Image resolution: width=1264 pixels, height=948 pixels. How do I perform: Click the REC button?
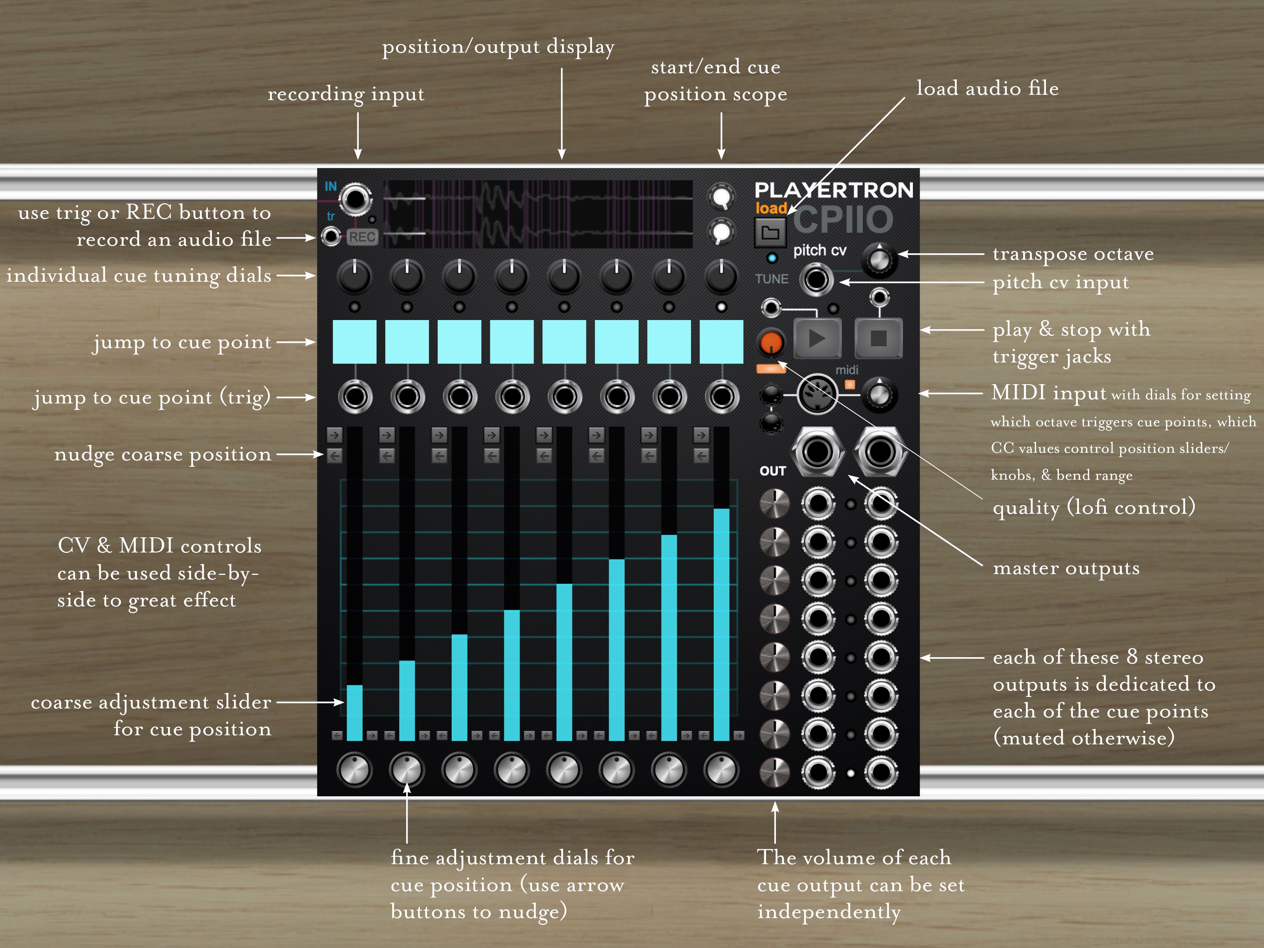(x=362, y=237)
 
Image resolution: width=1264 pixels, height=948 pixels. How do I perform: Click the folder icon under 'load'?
(x=770, y=232)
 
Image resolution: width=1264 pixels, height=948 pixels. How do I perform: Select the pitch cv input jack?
(x=816, y=280)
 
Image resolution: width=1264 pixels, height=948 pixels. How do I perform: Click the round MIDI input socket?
(x=817, y=395)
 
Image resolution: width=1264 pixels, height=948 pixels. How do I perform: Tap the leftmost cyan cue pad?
(x=354, y=342)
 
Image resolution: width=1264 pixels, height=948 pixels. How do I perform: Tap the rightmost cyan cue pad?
(x=721, y=342)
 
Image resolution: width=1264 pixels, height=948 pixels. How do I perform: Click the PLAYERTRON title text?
(x=834, y=190)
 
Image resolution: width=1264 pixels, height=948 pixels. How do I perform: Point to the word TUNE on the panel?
(x=771, y=279)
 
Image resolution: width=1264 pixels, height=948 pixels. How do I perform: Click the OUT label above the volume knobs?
(x=773, y=471)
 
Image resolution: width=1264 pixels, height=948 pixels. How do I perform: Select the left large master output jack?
(x=817, y=451)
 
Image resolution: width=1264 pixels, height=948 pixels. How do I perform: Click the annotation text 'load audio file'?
(x=987, y=89)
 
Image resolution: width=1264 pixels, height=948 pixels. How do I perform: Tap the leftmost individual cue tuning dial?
(x=354, y=276)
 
